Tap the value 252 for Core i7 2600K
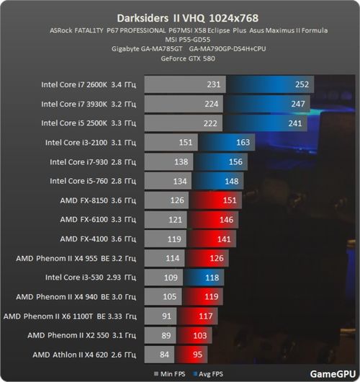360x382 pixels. click(x=302, y=85)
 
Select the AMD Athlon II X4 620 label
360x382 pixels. click(x=81, y=355)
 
